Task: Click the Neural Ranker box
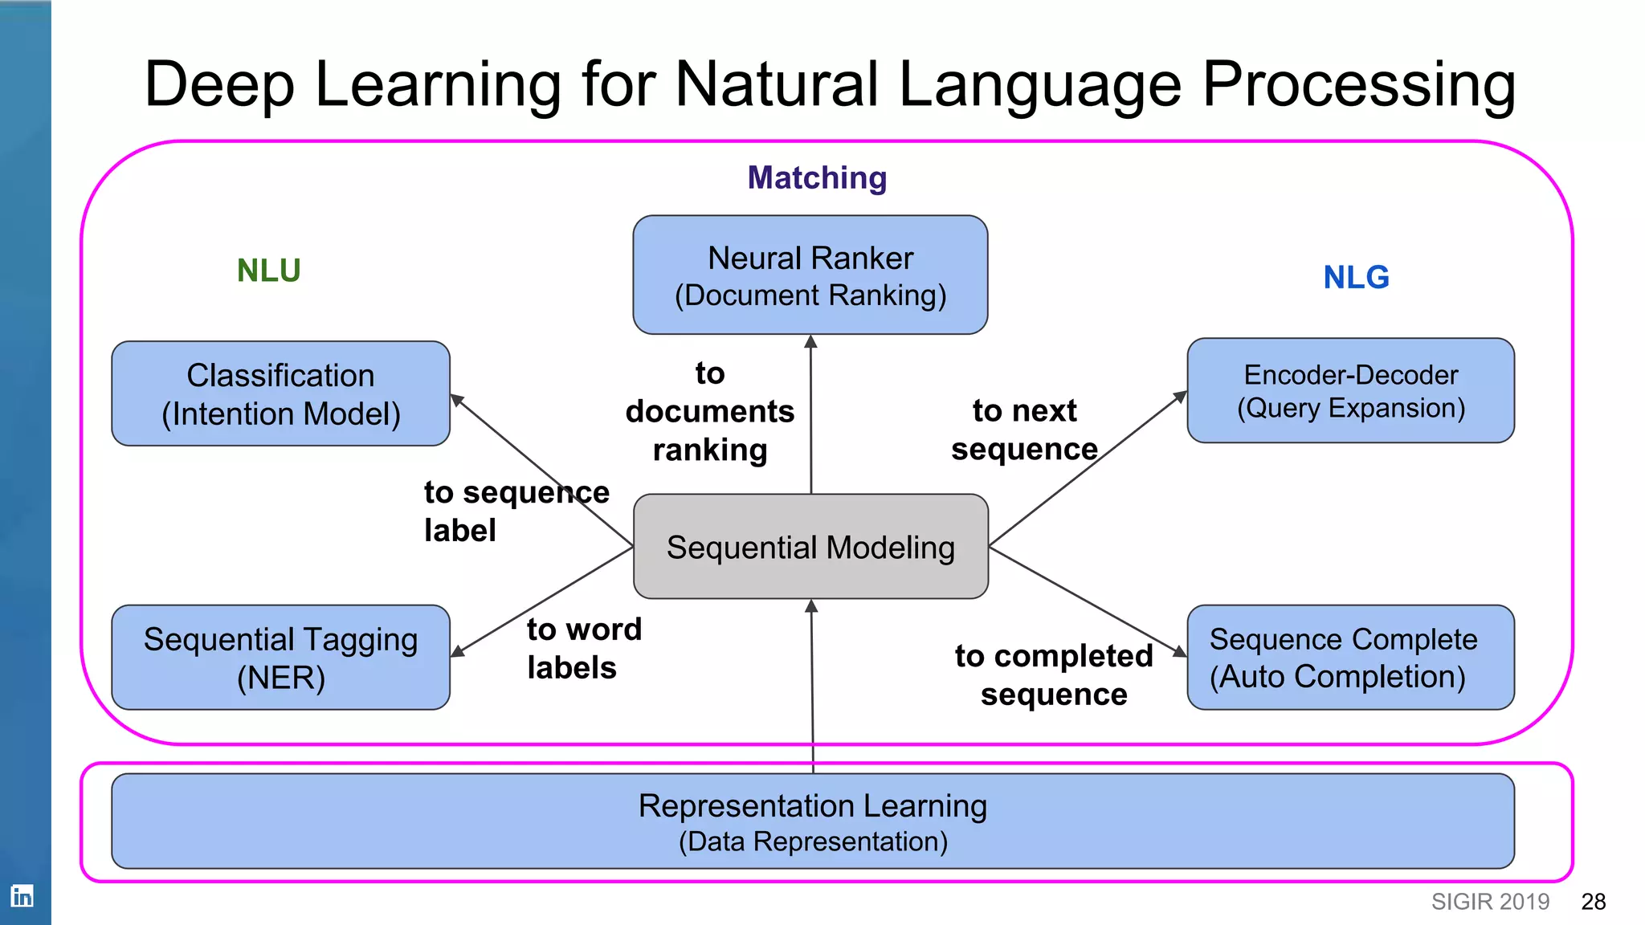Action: point(810,275)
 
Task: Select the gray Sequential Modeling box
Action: point(810,547)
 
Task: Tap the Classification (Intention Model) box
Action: point(280,393)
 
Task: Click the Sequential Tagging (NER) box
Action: point(280,658)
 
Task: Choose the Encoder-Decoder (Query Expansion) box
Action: point(1350,390)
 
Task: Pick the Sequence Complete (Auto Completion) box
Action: point(1350,658)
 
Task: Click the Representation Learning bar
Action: point(812,821)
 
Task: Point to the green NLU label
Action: point(268,271)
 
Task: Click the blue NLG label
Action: point(1356,277)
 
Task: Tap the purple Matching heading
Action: point(817,177)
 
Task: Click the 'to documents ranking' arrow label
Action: point(709,411)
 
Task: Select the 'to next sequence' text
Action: point(1024,430)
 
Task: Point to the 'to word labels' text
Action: point(583,648)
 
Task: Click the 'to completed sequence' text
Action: point(1053,674)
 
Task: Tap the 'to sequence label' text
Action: point(516,511)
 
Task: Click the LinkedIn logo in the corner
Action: point(22,895)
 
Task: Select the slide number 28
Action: point(1593,902)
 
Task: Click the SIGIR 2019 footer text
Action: point(1490,902)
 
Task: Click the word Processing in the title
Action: point(1358,84)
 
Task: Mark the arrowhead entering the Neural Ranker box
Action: point(810,342)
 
